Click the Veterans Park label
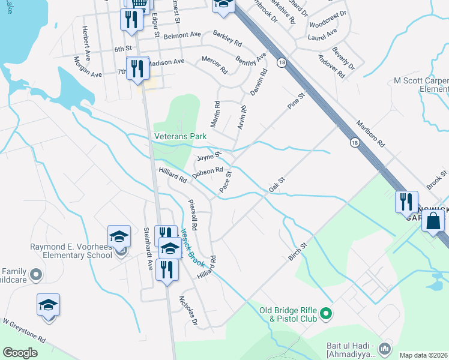(x=180, y=137)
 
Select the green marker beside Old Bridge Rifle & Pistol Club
(x=326, y=312)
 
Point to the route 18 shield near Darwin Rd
(x=281, y=62)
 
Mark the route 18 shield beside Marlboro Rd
(x=355, y=142)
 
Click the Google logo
(x=20, y=353)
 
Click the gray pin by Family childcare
(x=36, y=275)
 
